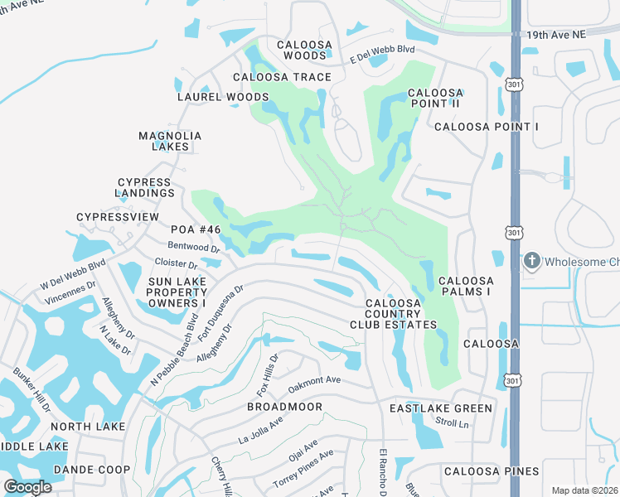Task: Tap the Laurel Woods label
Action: pyautogui.click(x=223, y=97)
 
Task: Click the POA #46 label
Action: pyautogui.click(x=196, y=229)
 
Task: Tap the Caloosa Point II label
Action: pyautogui.click(x=435, y=99)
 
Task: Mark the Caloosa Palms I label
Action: pyautogui.click(x=466, y=287)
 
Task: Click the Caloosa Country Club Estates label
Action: pyautogui.click(x=401, y=314)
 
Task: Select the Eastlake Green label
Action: pyautogui.click(x=441, y=408)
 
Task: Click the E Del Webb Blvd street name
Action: pyautogui.click(x=381, y=55)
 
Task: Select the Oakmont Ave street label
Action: pyautogui.click(x=314, y=384)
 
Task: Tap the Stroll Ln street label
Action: pyautogui.click(x=452, y=424)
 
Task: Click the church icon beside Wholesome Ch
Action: pyautogui.click(x=531, y=263)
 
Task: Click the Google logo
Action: pyautogui.click(x=28, y=486)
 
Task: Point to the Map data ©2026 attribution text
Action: pyautogui.click(x=584, y=490)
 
